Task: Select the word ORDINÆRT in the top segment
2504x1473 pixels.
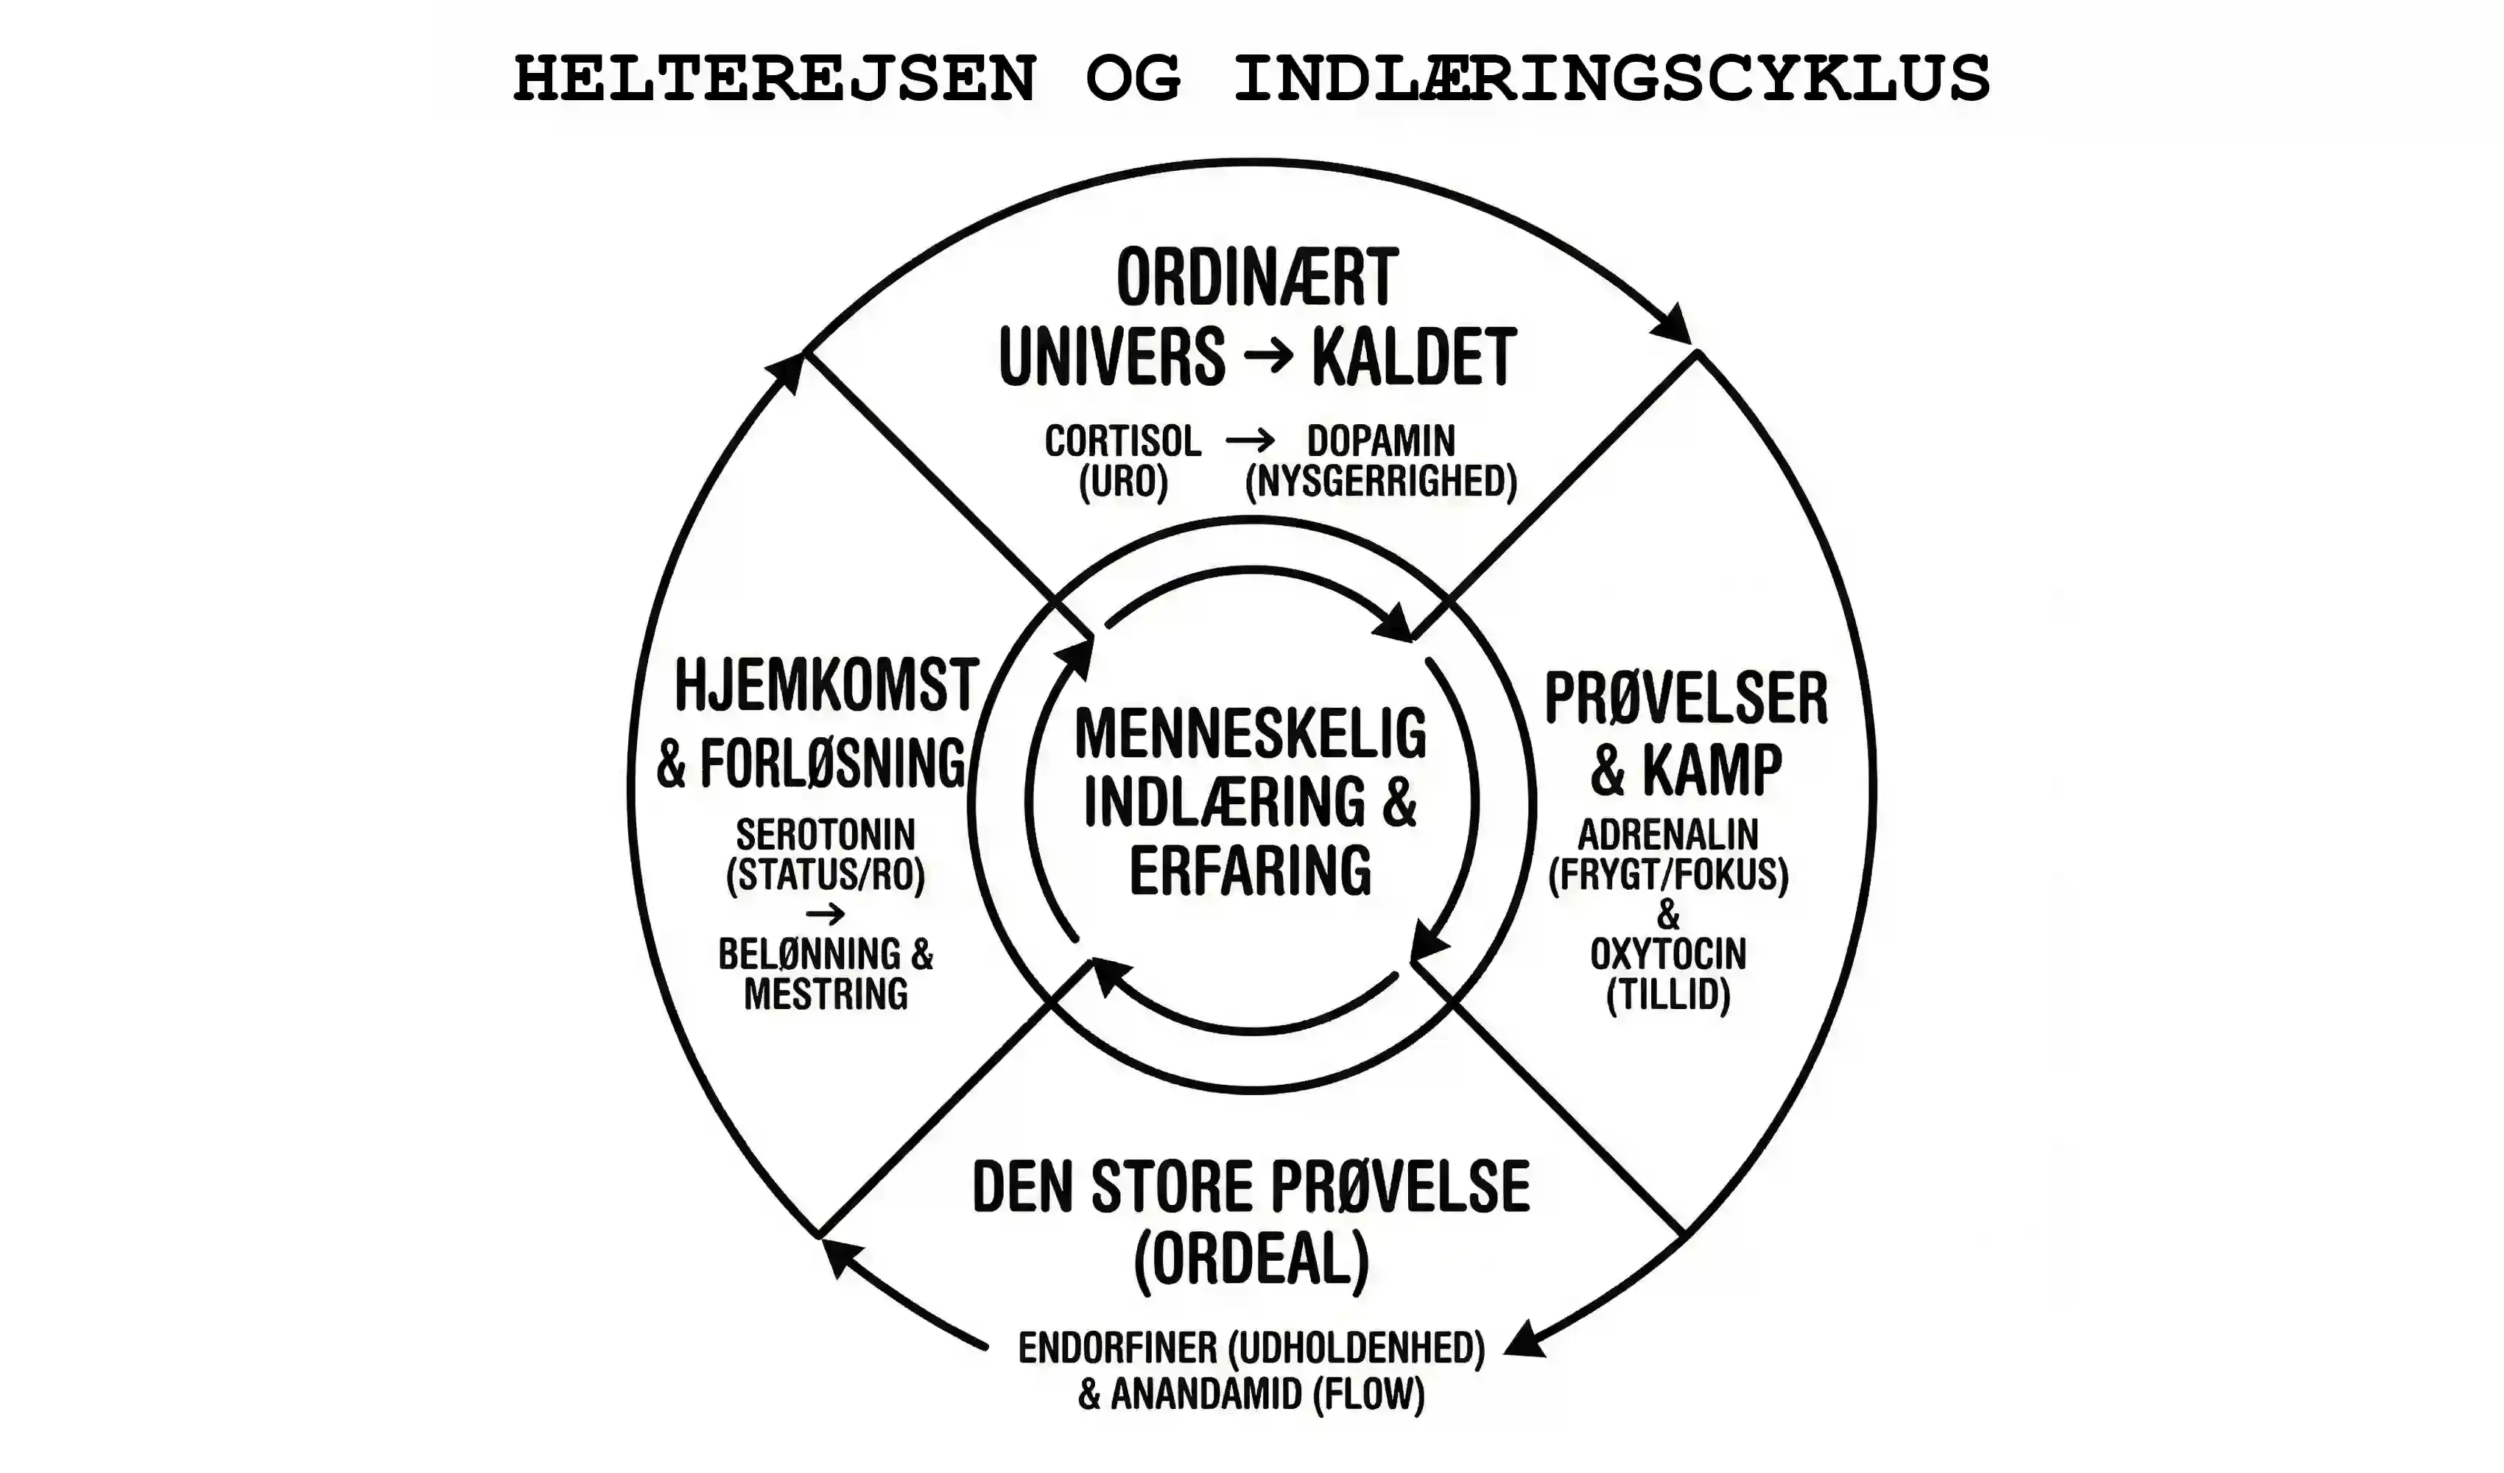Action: click(1257, 278)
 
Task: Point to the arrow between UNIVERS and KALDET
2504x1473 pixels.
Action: click(1269, 356)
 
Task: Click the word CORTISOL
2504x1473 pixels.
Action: click(1123, 440)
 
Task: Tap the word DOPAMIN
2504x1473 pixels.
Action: click(1380, 440)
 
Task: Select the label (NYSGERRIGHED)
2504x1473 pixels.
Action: click(1380, 482)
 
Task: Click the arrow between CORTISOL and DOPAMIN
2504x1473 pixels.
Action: click(1249, 440)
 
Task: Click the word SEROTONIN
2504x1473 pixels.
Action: click(825, 834)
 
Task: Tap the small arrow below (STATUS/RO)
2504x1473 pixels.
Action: click(825, 915)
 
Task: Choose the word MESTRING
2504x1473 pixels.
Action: click(825, 994)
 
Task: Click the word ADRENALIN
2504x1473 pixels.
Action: click(1667, 834)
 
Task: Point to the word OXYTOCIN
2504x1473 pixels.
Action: click(1667, 955)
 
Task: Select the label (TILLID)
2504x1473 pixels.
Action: click(1667, 995)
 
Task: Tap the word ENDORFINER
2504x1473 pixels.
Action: click(1117, 1348)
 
